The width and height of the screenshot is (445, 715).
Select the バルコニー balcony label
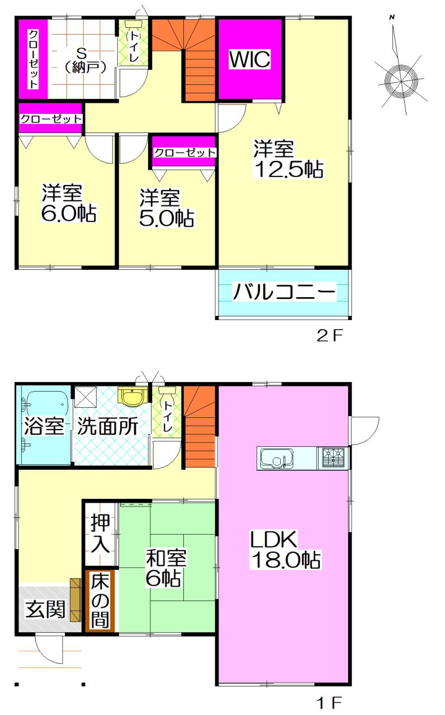point(284,292)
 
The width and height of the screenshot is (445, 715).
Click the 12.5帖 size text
point(288,169)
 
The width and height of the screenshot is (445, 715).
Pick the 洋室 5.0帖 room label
point(166,208)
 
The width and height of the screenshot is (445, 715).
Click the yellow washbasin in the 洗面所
point(131,397)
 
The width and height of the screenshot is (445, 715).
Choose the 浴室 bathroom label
point(44,427)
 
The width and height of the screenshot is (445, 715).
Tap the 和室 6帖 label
point(166,567)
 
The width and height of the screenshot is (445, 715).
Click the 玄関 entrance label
point(45,609)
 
